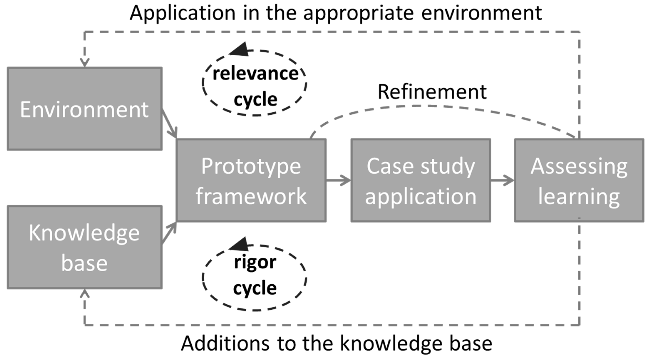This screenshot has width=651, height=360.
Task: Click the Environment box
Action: point(84,109)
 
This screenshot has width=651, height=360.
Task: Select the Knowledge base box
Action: point(84,247)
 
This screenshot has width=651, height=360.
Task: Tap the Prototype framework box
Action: point(251,180)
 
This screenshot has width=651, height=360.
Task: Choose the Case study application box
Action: point(421,180)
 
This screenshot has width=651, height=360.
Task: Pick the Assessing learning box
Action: point(579,180)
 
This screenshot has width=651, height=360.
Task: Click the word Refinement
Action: point(432,92)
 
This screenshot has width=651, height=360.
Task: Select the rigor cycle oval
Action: point(255,278)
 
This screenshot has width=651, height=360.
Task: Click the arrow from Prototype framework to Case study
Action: point(339,180)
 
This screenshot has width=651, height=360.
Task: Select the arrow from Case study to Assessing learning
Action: point(502,180)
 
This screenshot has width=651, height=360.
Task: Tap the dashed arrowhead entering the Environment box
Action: point(85,62)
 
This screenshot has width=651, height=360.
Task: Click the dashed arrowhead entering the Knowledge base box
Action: point(85,294)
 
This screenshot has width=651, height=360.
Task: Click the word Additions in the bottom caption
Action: point(225,343)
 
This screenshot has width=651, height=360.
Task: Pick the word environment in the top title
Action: point(481,13)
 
